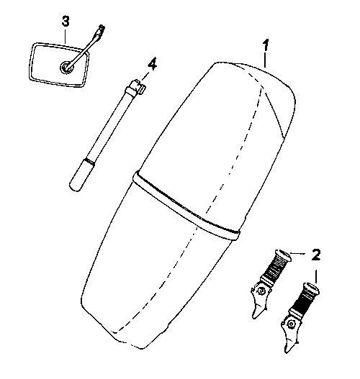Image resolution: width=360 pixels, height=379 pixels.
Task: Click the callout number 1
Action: click(266, 45)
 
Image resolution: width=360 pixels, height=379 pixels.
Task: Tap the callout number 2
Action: click(316, 255)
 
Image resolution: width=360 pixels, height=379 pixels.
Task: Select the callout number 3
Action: click(66, 21)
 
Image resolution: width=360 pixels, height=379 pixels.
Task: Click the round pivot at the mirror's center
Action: click(66, 67)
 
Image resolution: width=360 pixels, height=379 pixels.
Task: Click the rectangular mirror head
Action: click(59, 65)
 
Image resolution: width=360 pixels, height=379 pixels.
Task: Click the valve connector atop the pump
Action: click(136, 87)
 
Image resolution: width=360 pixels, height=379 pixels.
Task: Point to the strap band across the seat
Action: click(186, 206)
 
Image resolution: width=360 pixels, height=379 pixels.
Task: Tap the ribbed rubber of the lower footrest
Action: click(304, 301)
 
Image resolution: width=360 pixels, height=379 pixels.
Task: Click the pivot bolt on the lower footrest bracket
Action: click(291, 324)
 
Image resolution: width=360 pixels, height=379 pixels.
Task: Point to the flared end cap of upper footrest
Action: click(284, 255)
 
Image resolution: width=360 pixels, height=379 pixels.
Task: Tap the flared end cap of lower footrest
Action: click(312, 288)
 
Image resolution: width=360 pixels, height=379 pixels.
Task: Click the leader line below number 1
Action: click(266, 60)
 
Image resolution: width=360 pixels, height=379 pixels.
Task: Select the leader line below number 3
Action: click(65, 35)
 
